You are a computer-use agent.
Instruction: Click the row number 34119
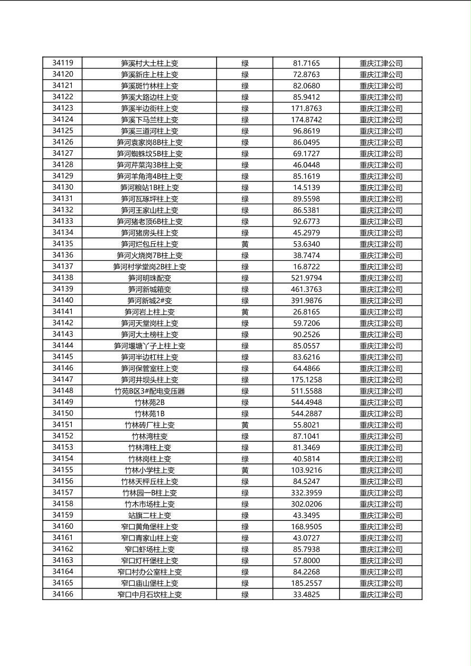[63, 63]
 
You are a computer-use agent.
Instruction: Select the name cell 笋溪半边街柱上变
[149, 108]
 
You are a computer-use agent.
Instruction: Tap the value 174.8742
[306, 120]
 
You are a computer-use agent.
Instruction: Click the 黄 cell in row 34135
[245, 244]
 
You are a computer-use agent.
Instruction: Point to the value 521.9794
[306, 278]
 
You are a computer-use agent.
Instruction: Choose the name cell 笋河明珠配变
[149, 278]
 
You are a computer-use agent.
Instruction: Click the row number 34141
[63, 312]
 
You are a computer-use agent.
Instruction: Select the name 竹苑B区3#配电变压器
[149, 391]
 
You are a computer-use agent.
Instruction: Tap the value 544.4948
[306, 402]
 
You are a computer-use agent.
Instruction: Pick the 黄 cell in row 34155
[245, 470]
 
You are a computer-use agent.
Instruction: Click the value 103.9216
[306, 470]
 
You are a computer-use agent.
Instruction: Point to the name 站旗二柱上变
[149, 515]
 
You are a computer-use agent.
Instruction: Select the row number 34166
[63, 594]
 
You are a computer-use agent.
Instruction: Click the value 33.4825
[306, 594]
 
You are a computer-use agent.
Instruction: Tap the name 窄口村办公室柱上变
[149, 572]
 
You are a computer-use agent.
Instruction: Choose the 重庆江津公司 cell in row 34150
[381, 414]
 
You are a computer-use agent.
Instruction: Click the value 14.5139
[306, 187]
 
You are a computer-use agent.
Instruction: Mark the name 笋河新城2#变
[149, 300]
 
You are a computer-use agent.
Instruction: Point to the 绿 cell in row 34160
[245, 527]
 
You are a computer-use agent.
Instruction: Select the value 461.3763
[306, 289]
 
